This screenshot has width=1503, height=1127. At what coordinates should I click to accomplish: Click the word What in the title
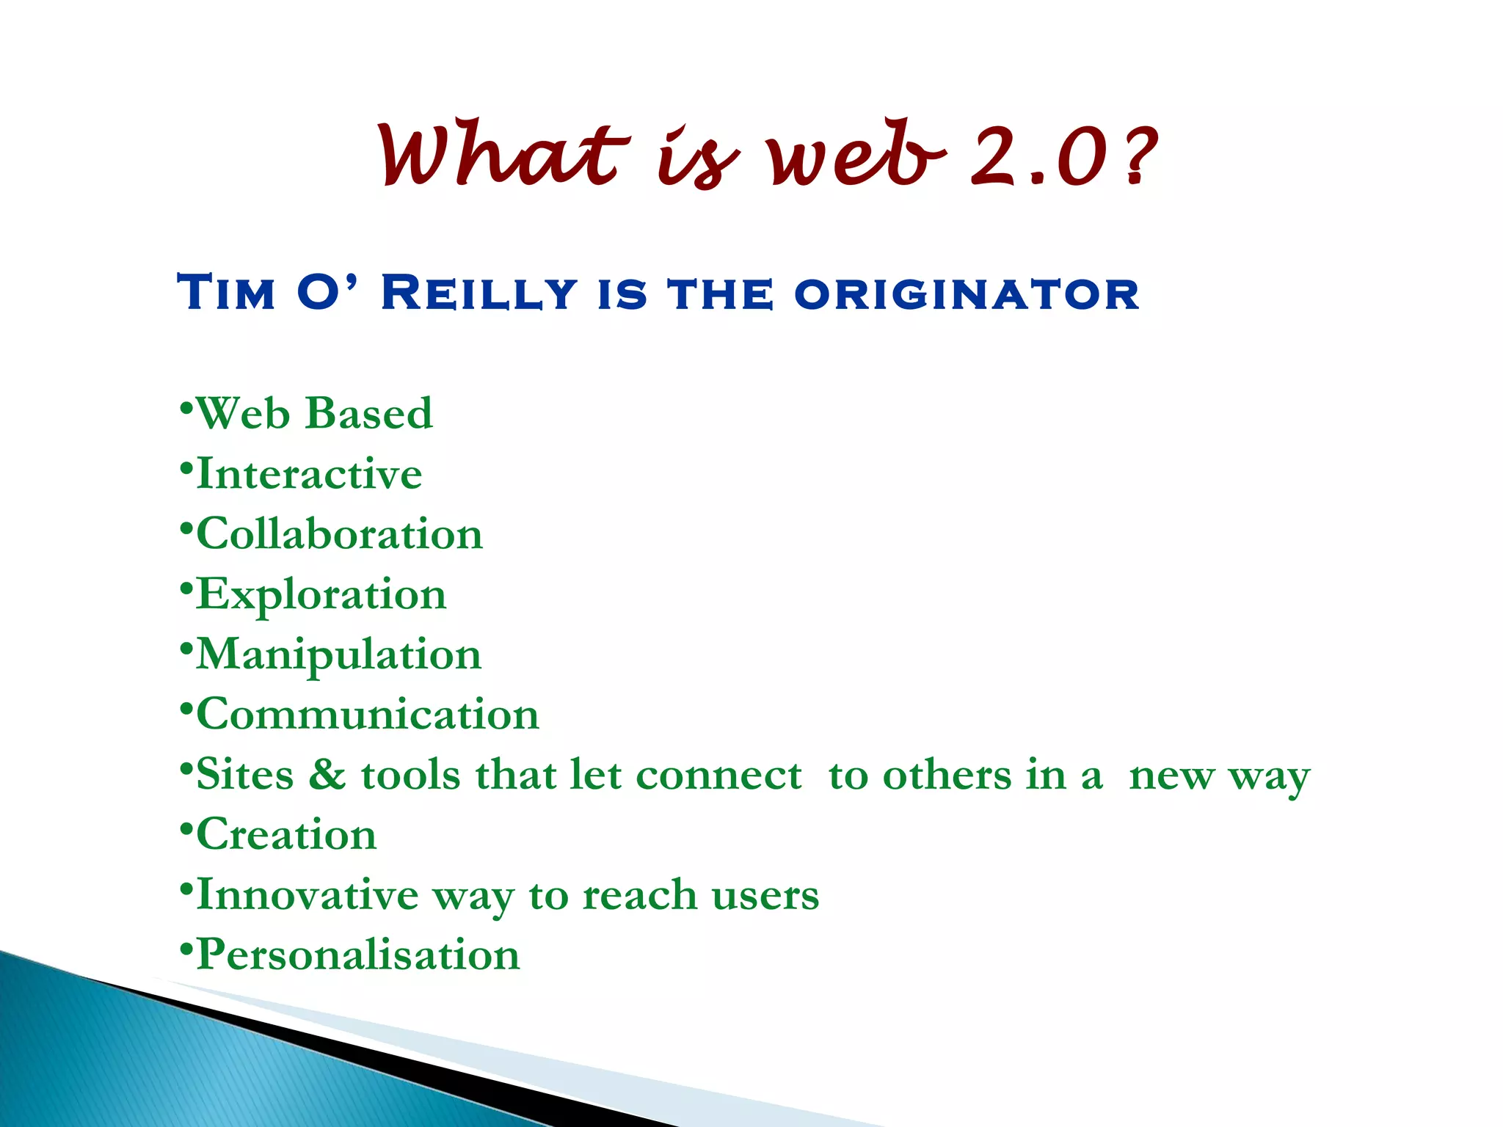tap(503, 156)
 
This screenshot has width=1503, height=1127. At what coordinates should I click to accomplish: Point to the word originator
tap(966, 294)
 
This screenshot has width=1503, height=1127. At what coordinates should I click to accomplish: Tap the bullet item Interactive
tap(309, 473)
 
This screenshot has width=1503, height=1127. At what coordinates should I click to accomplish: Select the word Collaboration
tap(339, 533)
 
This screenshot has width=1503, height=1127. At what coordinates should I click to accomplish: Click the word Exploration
tap(321, 594)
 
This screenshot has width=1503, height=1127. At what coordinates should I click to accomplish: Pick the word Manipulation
tap(338, 654)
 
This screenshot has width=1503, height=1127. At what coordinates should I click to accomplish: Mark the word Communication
tap(368, 715)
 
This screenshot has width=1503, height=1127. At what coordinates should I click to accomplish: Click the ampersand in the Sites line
tap(327, 775)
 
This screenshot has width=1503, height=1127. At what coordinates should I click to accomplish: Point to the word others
tap(947, 776)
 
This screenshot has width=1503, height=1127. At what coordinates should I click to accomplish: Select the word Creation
tap(286, 835)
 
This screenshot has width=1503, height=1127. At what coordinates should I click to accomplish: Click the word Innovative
tap(307, 895)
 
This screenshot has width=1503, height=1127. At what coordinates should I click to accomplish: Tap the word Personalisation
tap(358, 955)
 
